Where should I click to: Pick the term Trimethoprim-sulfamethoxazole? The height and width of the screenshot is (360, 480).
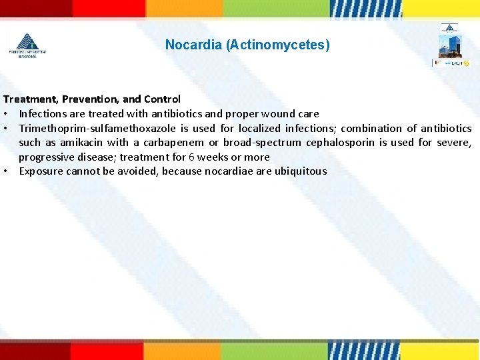[x=99, y=128]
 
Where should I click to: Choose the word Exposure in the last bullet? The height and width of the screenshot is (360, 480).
[x=42, y=171]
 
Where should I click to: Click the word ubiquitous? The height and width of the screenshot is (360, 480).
[x=299, y=171]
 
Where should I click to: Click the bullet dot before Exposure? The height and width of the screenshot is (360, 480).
[x=6, y=171]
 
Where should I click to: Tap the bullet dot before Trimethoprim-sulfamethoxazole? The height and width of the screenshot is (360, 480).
[x=6, y=128]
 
